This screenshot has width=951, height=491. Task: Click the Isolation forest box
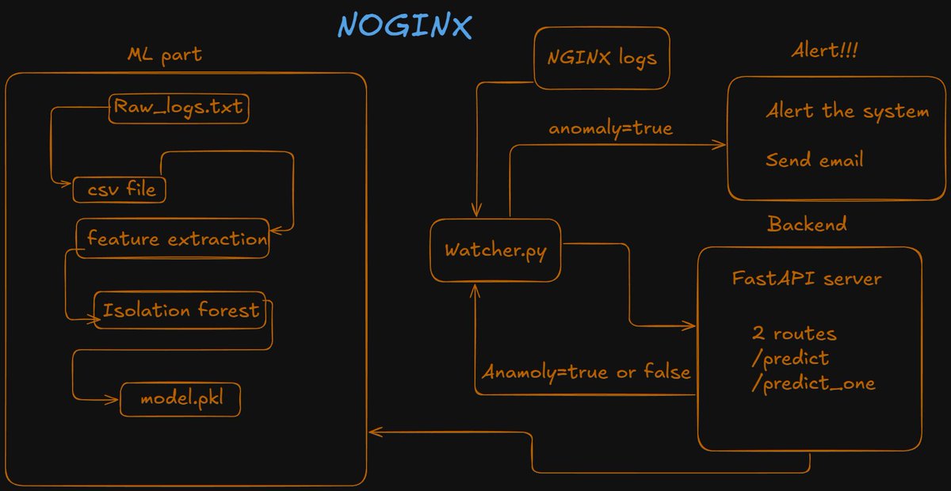180,310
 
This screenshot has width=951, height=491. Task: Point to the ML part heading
163,56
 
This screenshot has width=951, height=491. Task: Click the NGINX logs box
602,58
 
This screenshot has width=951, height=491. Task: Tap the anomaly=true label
610,128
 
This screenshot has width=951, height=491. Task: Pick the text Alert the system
846,111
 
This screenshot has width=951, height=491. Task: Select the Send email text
814,160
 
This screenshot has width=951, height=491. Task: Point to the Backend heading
807,224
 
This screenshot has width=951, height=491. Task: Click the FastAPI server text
807,279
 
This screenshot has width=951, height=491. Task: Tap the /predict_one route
813,383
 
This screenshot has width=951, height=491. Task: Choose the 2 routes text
794,334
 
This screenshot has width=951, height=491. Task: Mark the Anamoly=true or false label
586,371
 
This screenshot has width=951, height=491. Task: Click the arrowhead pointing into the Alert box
721,145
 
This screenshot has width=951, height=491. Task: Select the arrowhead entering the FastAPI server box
692,325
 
